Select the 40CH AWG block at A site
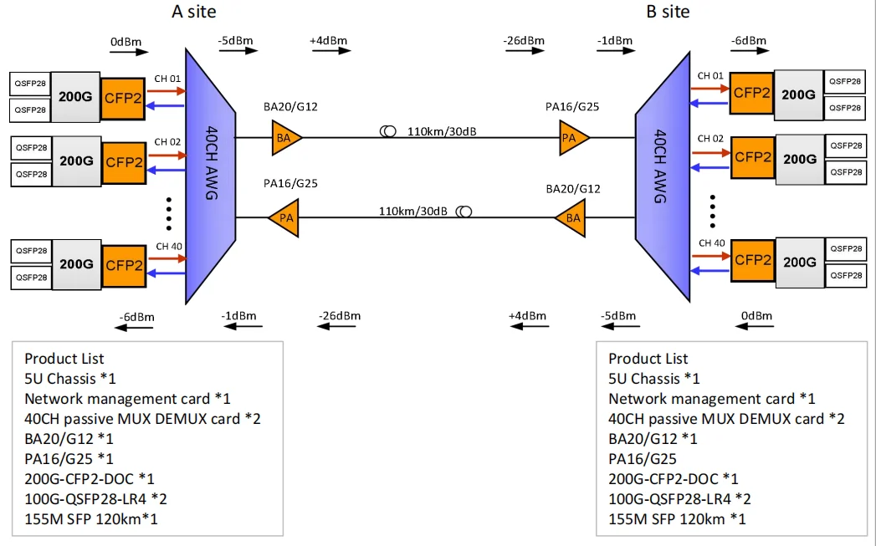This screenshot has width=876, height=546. click(x=209, y=176)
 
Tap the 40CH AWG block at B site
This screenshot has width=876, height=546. click(x=661, y=176)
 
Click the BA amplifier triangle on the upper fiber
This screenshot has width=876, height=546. click(x=285, y=137)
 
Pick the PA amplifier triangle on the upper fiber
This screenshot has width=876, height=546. click(x=573, y=137)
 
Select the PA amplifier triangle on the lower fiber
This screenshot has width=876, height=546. click(x=284, y=217)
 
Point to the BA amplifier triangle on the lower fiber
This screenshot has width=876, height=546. click(x=571, y=217)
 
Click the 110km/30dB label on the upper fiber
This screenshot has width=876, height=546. click(x=438, y=131)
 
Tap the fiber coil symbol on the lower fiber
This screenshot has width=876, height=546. click(x=464, y=212)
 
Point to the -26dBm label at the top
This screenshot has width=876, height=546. click(x=524, y=40)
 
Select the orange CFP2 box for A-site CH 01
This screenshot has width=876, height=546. click(x=123, y=98)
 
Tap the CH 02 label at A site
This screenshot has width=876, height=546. click(x=167, y=142)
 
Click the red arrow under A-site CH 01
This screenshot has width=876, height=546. click(x=166, y=89)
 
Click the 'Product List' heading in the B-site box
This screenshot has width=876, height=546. click(x=648, y=359)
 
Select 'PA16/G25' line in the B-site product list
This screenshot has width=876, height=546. click(x=643, y=459)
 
